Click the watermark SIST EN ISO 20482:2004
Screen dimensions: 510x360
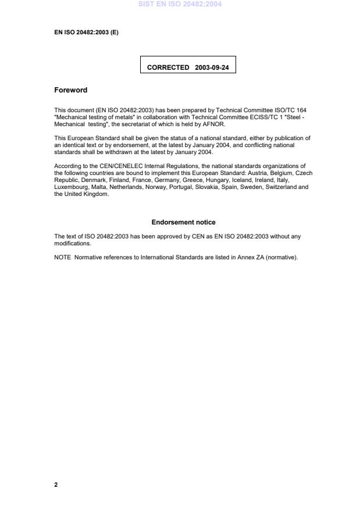coord(180,5)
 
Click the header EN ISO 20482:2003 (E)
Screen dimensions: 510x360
coord(86,33)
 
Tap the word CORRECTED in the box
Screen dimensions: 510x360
coord(168,67)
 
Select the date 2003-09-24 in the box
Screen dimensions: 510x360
coord(212,67)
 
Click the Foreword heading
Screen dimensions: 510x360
coord(70,90)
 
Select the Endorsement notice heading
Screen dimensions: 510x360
coord(183,222)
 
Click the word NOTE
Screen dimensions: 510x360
coord(62,258)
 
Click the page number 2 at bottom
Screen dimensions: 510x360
coord(56,484)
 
